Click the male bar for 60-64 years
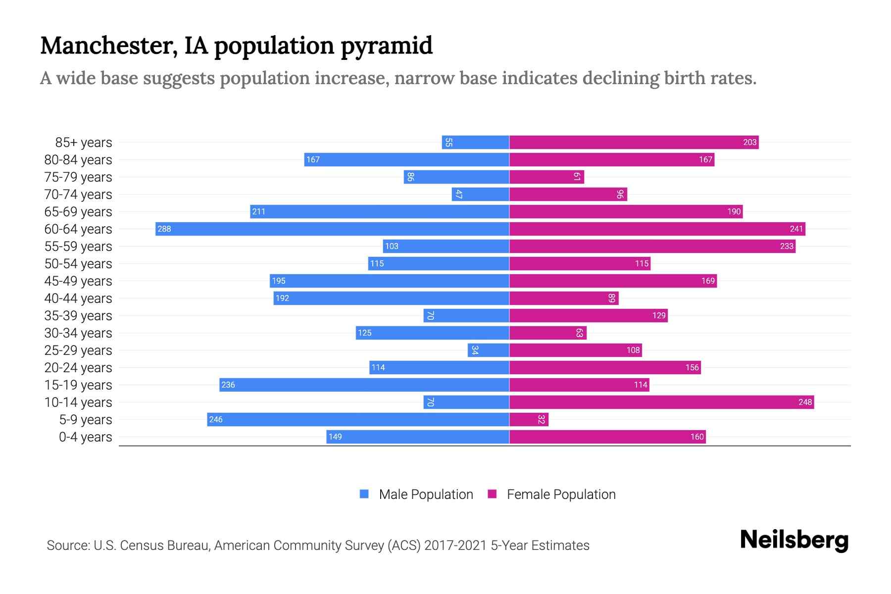tap(332, 229)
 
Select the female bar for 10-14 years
tap(661, 402)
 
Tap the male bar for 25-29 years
tap(489, 350)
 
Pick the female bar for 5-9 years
tap(529, 419)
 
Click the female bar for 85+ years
tap(634, 142)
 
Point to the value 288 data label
tap(164, 229)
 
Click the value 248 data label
tap(805, 402)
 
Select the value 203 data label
tap(749, 142)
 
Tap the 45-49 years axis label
tap(78, 281)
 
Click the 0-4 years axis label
tap(85, 437)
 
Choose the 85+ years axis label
tap(84, 142)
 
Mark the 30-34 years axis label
tap(78, 333)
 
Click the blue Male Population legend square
tap(364, 494)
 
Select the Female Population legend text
tap(561, 494)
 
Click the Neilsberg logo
tap(794, 540)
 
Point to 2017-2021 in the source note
tap(455, 545)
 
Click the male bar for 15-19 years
tap(364, 385)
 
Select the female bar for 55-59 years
tap(652, 246)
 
